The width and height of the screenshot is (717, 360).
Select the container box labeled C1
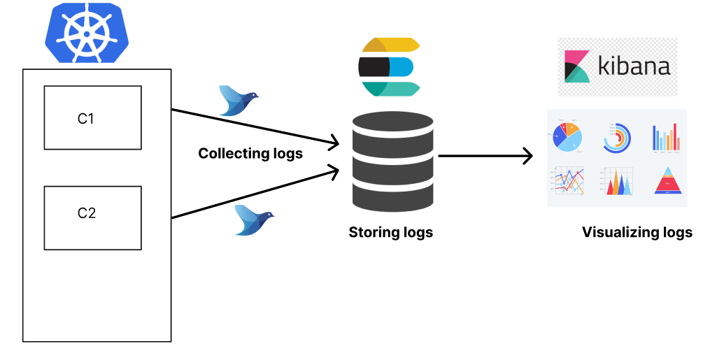point(92,117)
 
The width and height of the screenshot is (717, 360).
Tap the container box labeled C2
point(92,217)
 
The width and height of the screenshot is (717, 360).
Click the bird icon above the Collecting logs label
point(237,100)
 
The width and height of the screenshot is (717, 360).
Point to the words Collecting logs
point(250,153)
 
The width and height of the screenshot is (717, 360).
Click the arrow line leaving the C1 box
point(252,128)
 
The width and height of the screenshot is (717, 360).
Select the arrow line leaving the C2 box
point(252,193)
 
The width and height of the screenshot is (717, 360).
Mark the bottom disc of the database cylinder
point(392,199)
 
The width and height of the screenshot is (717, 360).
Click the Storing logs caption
point(390,232)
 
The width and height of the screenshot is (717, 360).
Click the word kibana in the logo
point(634,66)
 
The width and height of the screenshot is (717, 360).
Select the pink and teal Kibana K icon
point(577,66)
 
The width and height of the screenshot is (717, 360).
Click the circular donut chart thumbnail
point(617,137)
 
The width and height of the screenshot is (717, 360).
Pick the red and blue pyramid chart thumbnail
point(667,181)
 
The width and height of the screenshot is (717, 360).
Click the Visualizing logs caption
point(637,232)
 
